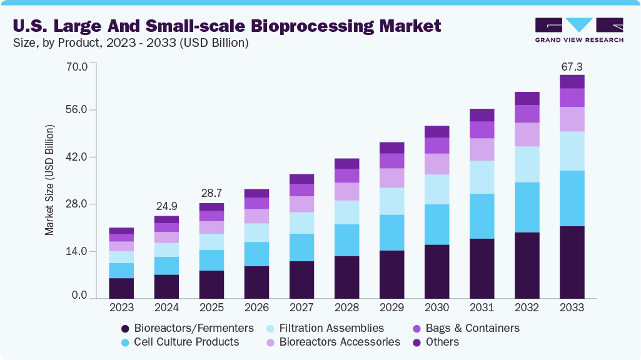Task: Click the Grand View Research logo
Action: pyautogui.click(x=579, y=29)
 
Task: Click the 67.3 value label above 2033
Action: pyautogui.click(x=572, y=66)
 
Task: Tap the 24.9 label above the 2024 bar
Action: pyautogui.click(x=166, y=206)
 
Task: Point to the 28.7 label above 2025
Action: pyautogui.click(x=211, y=193)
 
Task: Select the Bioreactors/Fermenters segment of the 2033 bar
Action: pyautogui.click(x=572, y=262)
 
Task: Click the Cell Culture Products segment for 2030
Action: pyautogui.click(x=437, y=224)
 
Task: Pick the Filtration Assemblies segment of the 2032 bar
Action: pyautogui.click(x=527, y=164)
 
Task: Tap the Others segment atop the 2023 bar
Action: pyautogui.click(x=121, y=231)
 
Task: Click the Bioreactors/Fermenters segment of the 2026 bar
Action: pyautogui.click(x=256, y=282)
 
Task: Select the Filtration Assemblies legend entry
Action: pyautogui.click(x=332, y=328)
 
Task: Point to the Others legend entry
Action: pyautogui.click(x=442, y=342)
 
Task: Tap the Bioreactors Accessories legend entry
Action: pyautogui.click(x=340, y=342)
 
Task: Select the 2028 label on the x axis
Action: pyautogui.click(x=346, y=307)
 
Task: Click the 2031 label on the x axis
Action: pyautogui.click(x=482, y=307)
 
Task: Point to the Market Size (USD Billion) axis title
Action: pyautogui.click(x=49, y=180)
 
